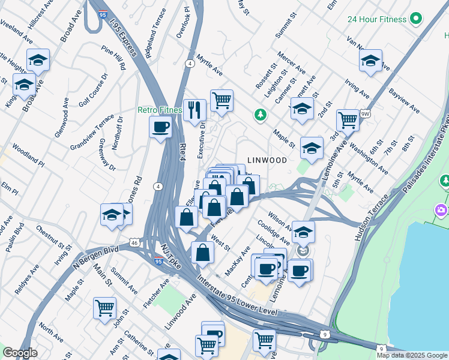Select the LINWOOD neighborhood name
(267, 160)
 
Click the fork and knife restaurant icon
(194, 110)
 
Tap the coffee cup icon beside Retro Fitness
(160, 127)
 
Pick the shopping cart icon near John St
(104, 308)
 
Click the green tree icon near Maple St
(260, 114)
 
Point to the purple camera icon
(441, 210)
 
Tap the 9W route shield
(365, 113)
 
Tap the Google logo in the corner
(20, 353)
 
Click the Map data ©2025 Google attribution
(412, 355)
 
